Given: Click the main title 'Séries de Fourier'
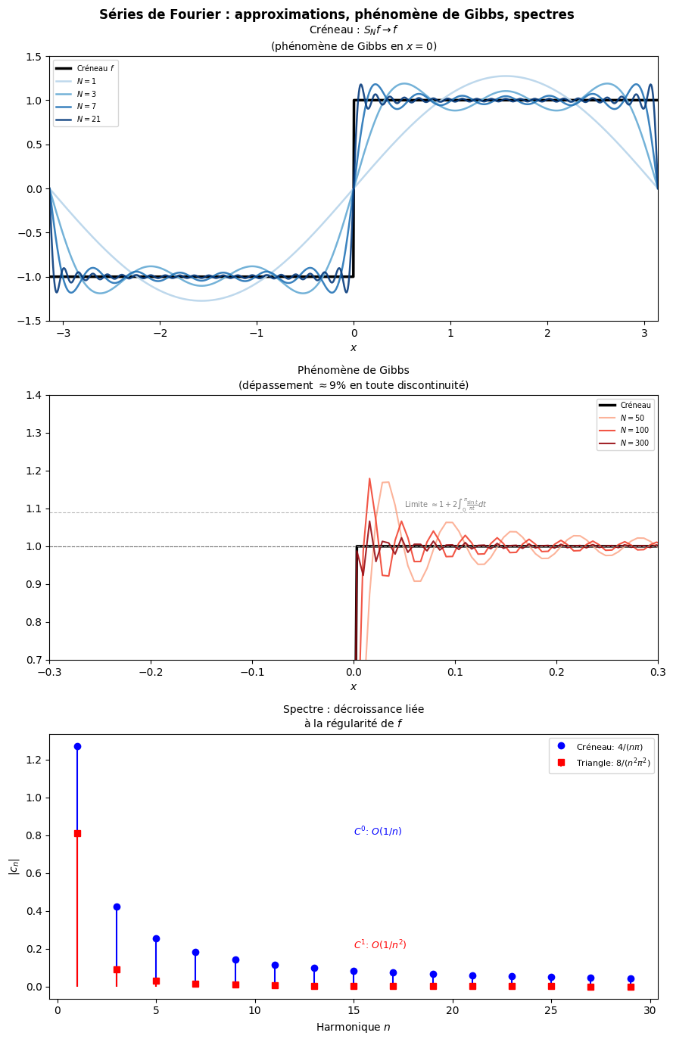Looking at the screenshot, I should point(336,14).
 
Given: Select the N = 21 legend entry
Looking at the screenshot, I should point(88,120).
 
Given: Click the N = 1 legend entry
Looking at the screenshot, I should point(88,81).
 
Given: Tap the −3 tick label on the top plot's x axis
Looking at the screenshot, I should point(64,334).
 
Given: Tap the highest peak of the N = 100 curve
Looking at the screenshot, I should point(369,478).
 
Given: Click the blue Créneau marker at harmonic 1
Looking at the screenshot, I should point(77,746).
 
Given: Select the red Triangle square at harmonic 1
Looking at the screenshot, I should point(77,833).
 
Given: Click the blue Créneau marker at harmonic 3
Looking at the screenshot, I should point(117,907).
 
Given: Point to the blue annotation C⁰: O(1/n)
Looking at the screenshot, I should point(378,832).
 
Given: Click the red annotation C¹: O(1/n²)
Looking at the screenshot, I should point(380,945).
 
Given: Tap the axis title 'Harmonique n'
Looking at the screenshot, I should point(353,1027).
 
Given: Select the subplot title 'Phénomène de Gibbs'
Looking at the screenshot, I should point(353,370).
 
